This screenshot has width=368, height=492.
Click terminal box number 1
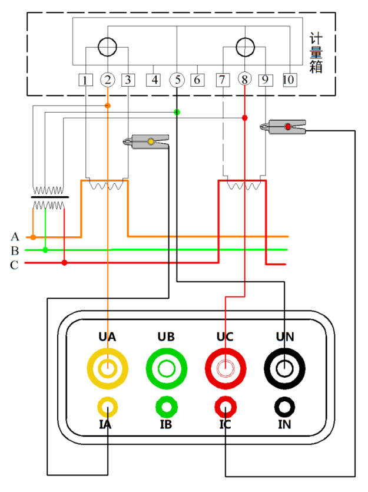tap(86, 80)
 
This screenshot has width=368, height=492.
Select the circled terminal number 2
tap(107, 80)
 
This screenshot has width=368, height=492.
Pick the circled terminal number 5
tap(177, 80)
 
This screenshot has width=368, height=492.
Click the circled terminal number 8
tap(244, 80)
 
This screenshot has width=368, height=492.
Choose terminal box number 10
tap(289, 80)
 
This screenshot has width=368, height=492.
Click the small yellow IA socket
tap(107, 406)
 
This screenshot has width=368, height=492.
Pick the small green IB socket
tap(166, 406)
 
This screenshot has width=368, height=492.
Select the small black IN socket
tap(284, 406)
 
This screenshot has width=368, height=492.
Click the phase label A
tap(15, 237)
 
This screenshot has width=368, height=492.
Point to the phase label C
tap(15, 265)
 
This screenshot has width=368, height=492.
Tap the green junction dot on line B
tap(45, 250)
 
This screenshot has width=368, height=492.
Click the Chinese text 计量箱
tap(316, 54)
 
